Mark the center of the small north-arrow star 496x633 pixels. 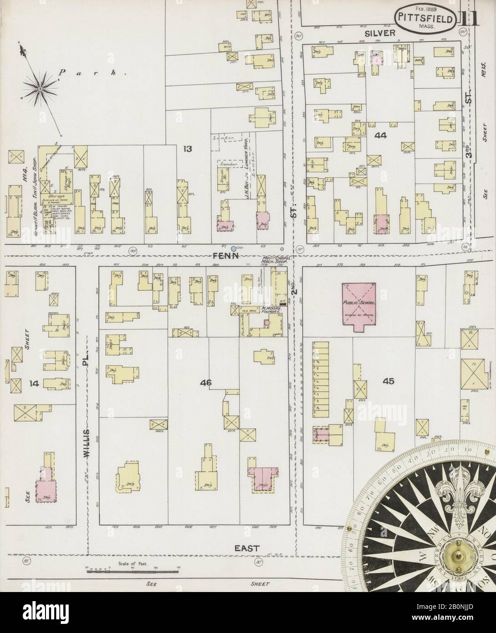click(40, 87)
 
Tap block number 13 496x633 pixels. click(188, 148)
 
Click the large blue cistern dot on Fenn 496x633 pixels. click(233, 249)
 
